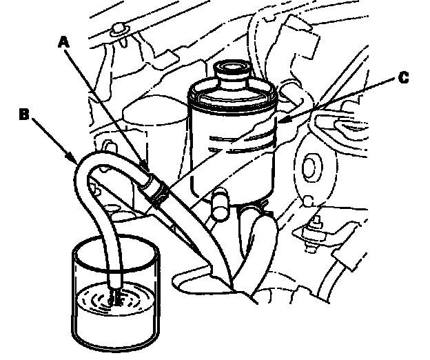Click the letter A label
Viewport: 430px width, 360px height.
tap(64, 43)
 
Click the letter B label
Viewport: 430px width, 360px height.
tap(24, 114)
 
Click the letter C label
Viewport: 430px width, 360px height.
tap(403, 77)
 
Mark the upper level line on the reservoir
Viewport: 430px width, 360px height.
tap(241, 136)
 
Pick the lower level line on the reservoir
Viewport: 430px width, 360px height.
tap(241, 148)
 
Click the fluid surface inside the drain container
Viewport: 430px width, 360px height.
tap(115, 298)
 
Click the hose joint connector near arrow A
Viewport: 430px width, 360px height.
tap(155, 190)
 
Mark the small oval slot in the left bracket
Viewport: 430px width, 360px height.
tap(109, 147)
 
